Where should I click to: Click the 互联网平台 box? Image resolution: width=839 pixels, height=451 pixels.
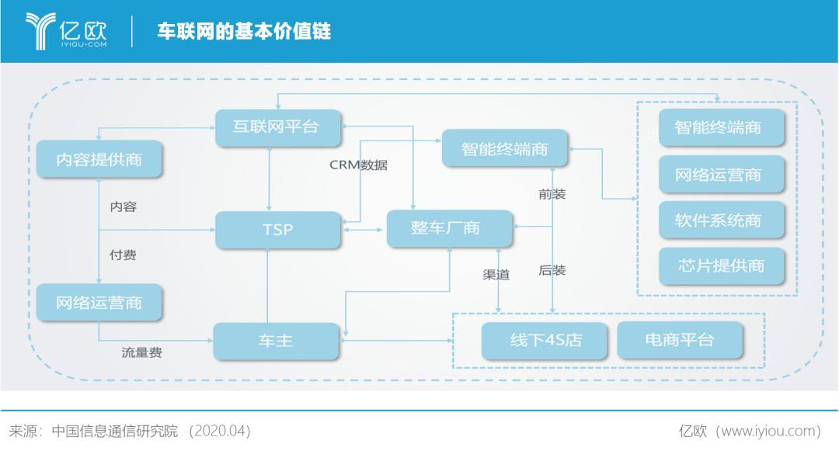point(277,127)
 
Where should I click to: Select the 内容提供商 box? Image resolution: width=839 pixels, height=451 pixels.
point(99,158)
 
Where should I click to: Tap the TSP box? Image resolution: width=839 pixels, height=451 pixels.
point(277,230)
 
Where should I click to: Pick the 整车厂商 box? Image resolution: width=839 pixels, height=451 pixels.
point(450,228)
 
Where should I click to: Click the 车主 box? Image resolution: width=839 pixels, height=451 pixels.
point(276,341)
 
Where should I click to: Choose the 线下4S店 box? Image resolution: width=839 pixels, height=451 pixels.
point(545,340)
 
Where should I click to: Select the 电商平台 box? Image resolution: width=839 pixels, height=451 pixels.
point(680,340)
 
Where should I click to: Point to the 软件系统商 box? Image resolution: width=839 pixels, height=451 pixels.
point(721,220)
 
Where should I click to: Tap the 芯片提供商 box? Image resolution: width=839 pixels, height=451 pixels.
point(721,265)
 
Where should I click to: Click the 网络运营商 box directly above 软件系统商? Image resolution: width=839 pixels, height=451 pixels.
point(721,174)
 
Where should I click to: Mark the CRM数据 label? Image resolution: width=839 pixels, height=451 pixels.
point(358,165)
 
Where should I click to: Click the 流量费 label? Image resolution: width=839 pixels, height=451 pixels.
point(142,352)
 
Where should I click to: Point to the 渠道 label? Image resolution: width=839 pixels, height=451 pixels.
point(496,274)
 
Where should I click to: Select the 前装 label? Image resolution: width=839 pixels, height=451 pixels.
point(552,194)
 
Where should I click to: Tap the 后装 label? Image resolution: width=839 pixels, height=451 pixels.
point(552,270)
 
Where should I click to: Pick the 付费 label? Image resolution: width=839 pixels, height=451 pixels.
point(123,255)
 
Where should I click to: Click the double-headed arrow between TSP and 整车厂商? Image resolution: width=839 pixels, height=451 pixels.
point(364,230)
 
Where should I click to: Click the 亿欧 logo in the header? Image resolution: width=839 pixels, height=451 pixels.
point(66,31)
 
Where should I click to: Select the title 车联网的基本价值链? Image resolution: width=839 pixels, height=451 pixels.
point(244,31)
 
